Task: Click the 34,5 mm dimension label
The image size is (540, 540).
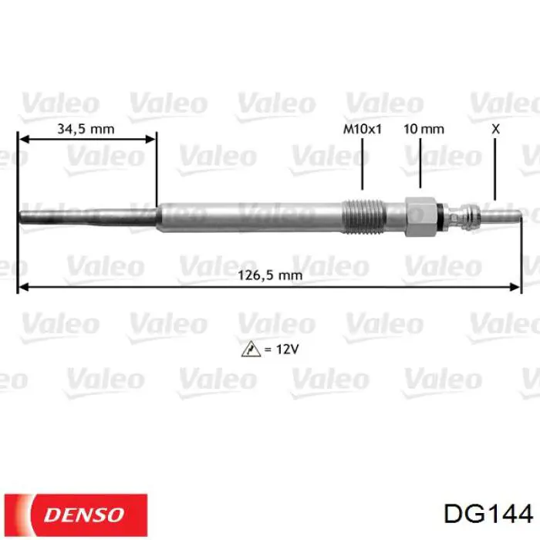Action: pyautogui.click(x=86, y=129)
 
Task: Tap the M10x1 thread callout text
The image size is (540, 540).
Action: pyautogui.click(x=362, y=129)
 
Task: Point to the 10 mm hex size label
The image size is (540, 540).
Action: pyautogui.click(x=424, y=129)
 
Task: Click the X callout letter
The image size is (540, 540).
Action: pyautogui.click(x=495, y=129)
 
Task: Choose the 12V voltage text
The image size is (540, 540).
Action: pyautogui.click(x=282, y=349)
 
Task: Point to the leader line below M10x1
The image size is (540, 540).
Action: pyautogui.click(x=362, y=166)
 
